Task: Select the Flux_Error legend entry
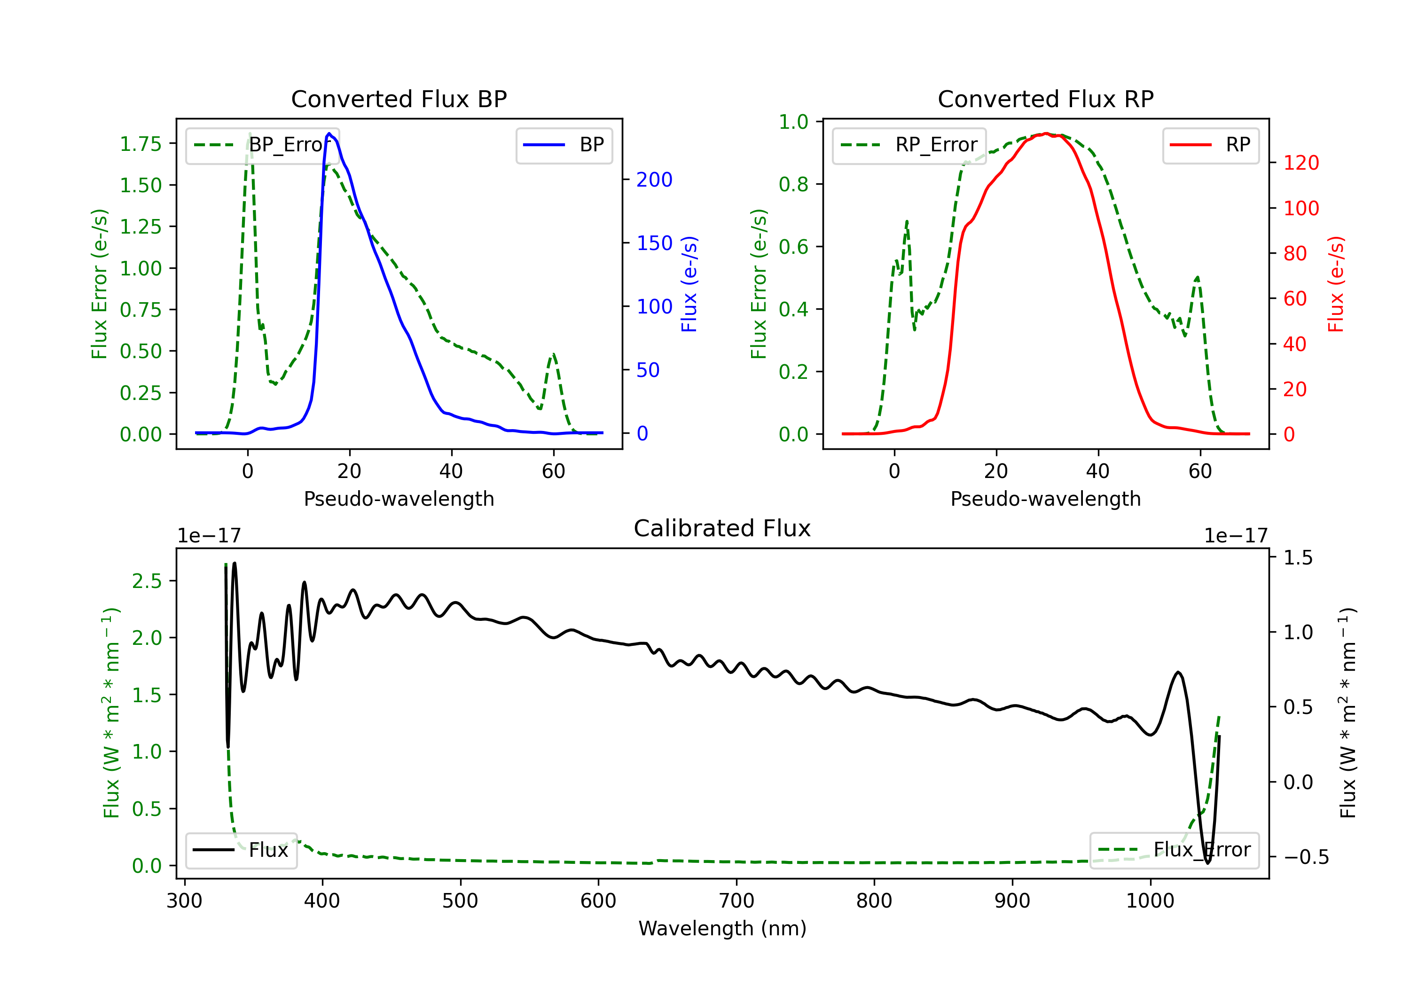click(x=1174, y=851)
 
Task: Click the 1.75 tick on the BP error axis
click(x=140, y=144)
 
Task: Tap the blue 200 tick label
click(x=654, y=180)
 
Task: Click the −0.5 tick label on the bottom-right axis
click(x=1306, y=857)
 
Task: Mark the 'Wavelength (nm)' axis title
click(x=722, y=929)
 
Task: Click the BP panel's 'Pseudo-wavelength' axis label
click(x=399, y=499)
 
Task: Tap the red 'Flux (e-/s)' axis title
click(x=1336, y=284)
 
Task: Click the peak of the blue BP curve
click(x=329, y=133)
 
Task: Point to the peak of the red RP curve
click(x=1046, y=133)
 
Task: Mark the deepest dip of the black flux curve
click(x=1207, y=863)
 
